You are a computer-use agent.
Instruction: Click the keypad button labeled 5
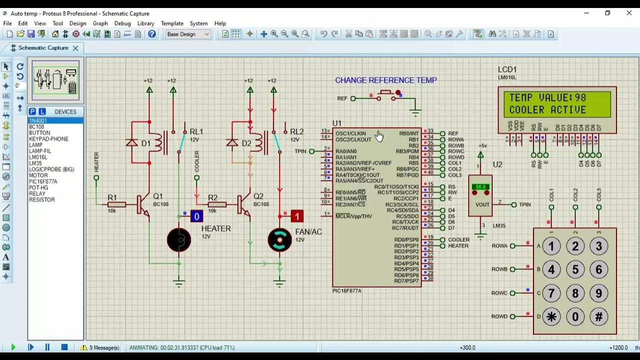(575, 269)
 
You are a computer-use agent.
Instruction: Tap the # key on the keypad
(598, 316)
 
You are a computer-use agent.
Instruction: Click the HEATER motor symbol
(179, 240)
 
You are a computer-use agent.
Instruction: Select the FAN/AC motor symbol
(279, 240)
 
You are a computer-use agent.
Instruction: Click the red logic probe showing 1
(297, 216)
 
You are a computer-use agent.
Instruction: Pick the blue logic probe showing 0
(196, 216)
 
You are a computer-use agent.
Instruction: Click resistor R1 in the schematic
(116, 204)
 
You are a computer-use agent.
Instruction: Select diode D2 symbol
(232, 143)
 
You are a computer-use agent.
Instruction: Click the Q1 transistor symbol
(143, 204)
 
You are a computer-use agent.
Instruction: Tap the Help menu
(220, 23)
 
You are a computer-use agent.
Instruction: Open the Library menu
(145, 23)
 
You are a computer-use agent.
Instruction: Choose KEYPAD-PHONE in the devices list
(48, 139)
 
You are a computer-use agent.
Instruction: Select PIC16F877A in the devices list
(43, 181)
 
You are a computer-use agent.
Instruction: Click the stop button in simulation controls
(64, 347)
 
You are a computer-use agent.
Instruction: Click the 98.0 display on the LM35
(480, 187)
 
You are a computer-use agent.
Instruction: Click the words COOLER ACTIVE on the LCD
(547, 109)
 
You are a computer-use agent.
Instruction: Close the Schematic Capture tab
(75, 48)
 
